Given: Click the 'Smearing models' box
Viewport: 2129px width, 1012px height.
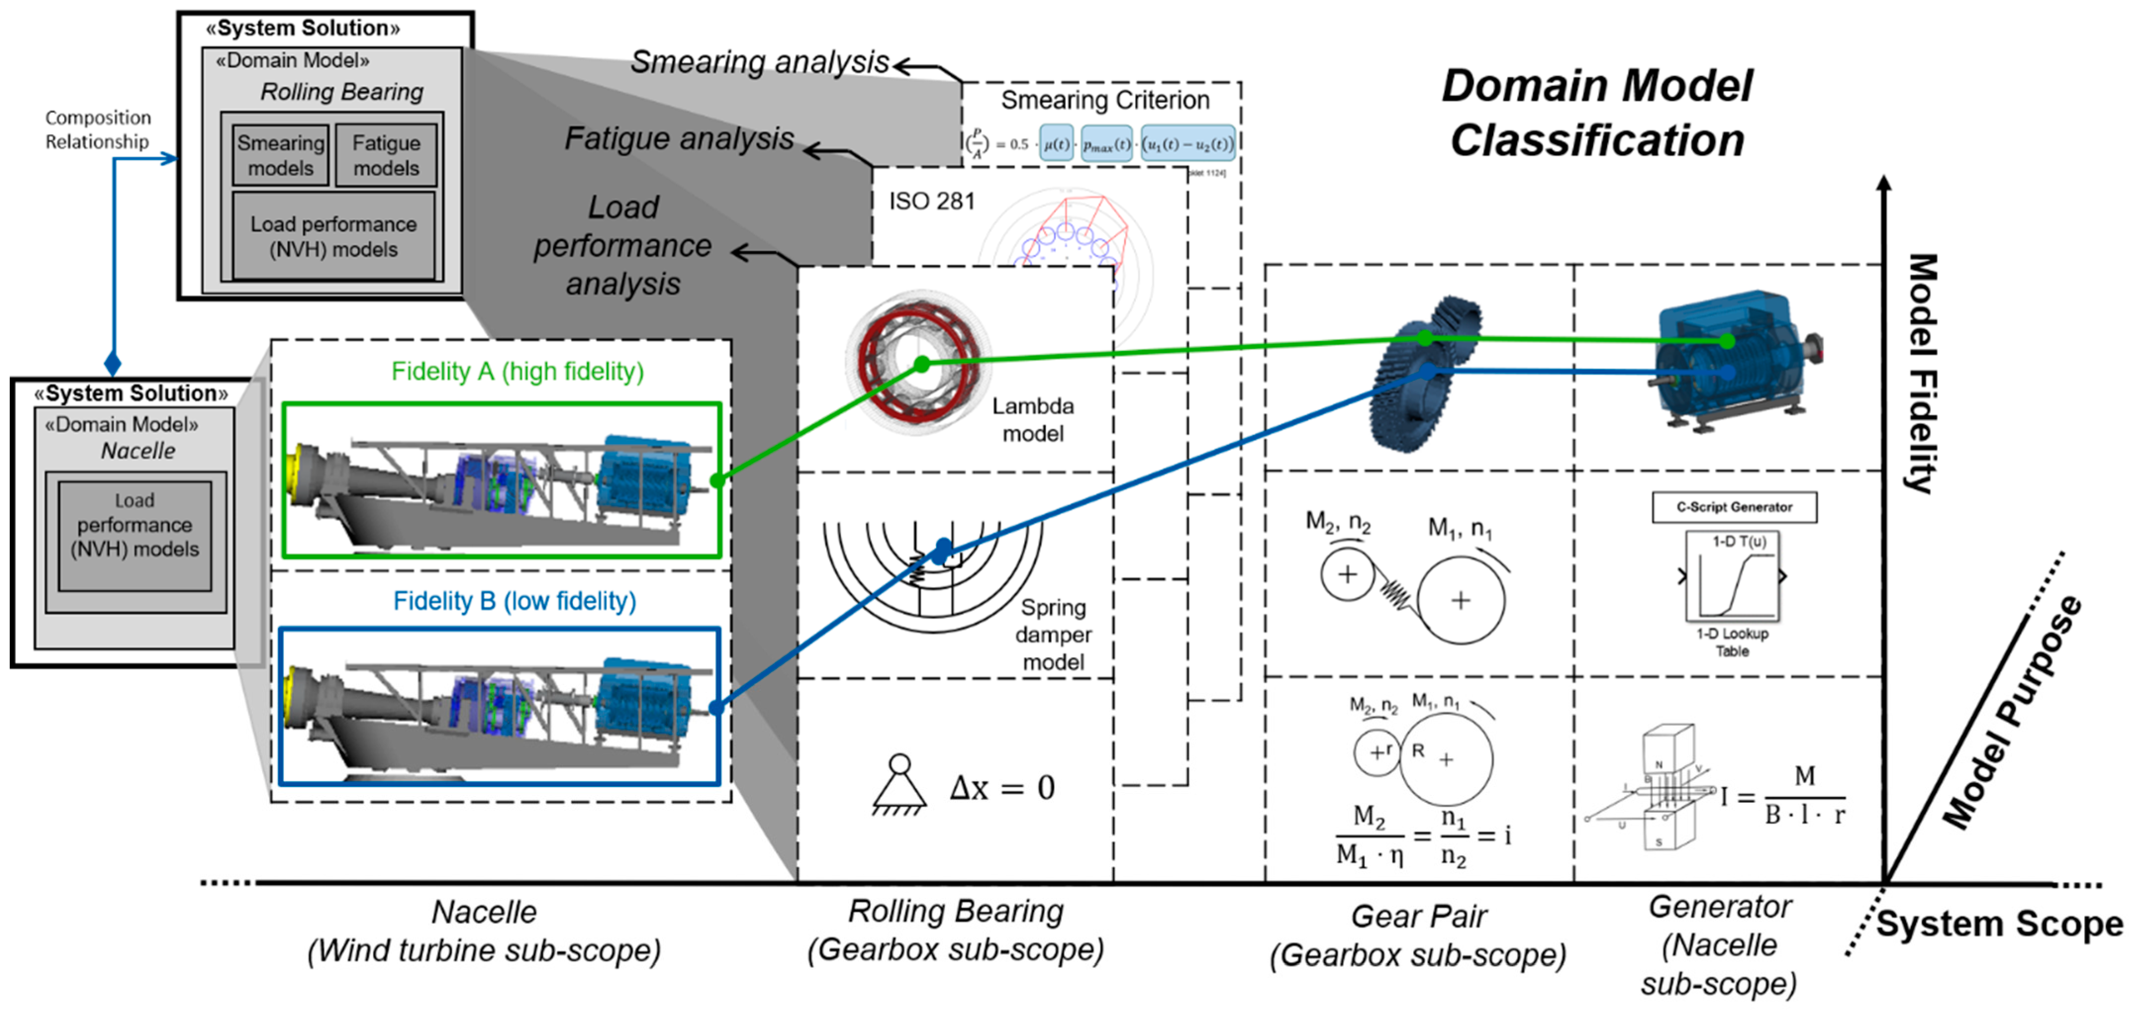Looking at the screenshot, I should click(281, 155).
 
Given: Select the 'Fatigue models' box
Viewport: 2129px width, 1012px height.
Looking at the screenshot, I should click(386, 155).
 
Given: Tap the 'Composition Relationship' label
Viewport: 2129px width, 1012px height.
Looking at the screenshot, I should click(97, 130).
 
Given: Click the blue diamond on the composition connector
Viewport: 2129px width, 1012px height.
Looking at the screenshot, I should click(113, 363).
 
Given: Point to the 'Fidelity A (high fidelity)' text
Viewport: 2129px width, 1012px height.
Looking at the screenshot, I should click(518, 372).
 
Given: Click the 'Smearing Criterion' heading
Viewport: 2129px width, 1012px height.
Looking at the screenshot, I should click(1105, 101).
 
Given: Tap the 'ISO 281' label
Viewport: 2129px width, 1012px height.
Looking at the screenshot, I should click(932, 202).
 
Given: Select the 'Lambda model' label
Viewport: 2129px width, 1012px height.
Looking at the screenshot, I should click(1033, 420).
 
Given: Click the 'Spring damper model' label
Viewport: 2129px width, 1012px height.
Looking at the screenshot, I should click(1053, 634).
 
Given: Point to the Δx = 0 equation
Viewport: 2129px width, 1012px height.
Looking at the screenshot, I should click(1002, 788).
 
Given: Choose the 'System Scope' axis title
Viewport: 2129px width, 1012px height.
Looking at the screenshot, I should click(1998, 924).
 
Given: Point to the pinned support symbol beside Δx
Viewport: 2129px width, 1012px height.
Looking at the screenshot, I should click(899, 785).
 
